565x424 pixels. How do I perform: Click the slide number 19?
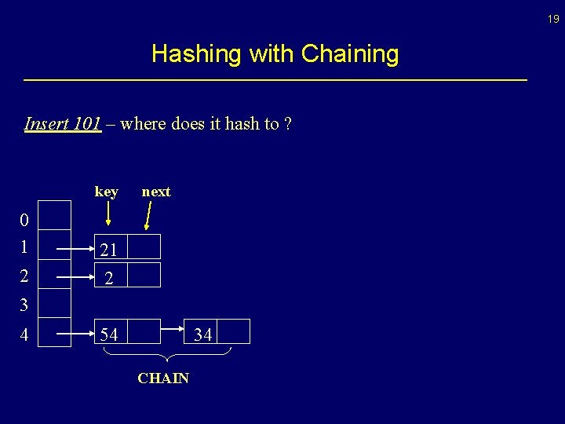tap(553, 19)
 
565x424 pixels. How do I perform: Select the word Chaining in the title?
tap(350, 54)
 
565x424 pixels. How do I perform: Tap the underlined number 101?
tap(86, 124)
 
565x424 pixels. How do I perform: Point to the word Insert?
tap(46, 124)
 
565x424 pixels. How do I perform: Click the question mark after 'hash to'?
tap(288, 124)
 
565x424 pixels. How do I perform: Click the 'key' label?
tap(106, 192)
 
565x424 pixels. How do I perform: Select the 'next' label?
tap(155, 192)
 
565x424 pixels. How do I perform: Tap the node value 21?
tap(108, 250)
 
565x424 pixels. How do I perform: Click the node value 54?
tap(108, 334)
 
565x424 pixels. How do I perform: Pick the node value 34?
tap(202, 334)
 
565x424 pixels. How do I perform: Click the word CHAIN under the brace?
tap(163, 378)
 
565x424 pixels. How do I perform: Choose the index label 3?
tap(24, 304)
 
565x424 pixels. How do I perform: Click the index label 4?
tap(24, 335)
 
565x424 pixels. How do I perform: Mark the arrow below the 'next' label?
tap(149, 214)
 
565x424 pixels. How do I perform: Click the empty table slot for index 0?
tap(55, 214)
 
